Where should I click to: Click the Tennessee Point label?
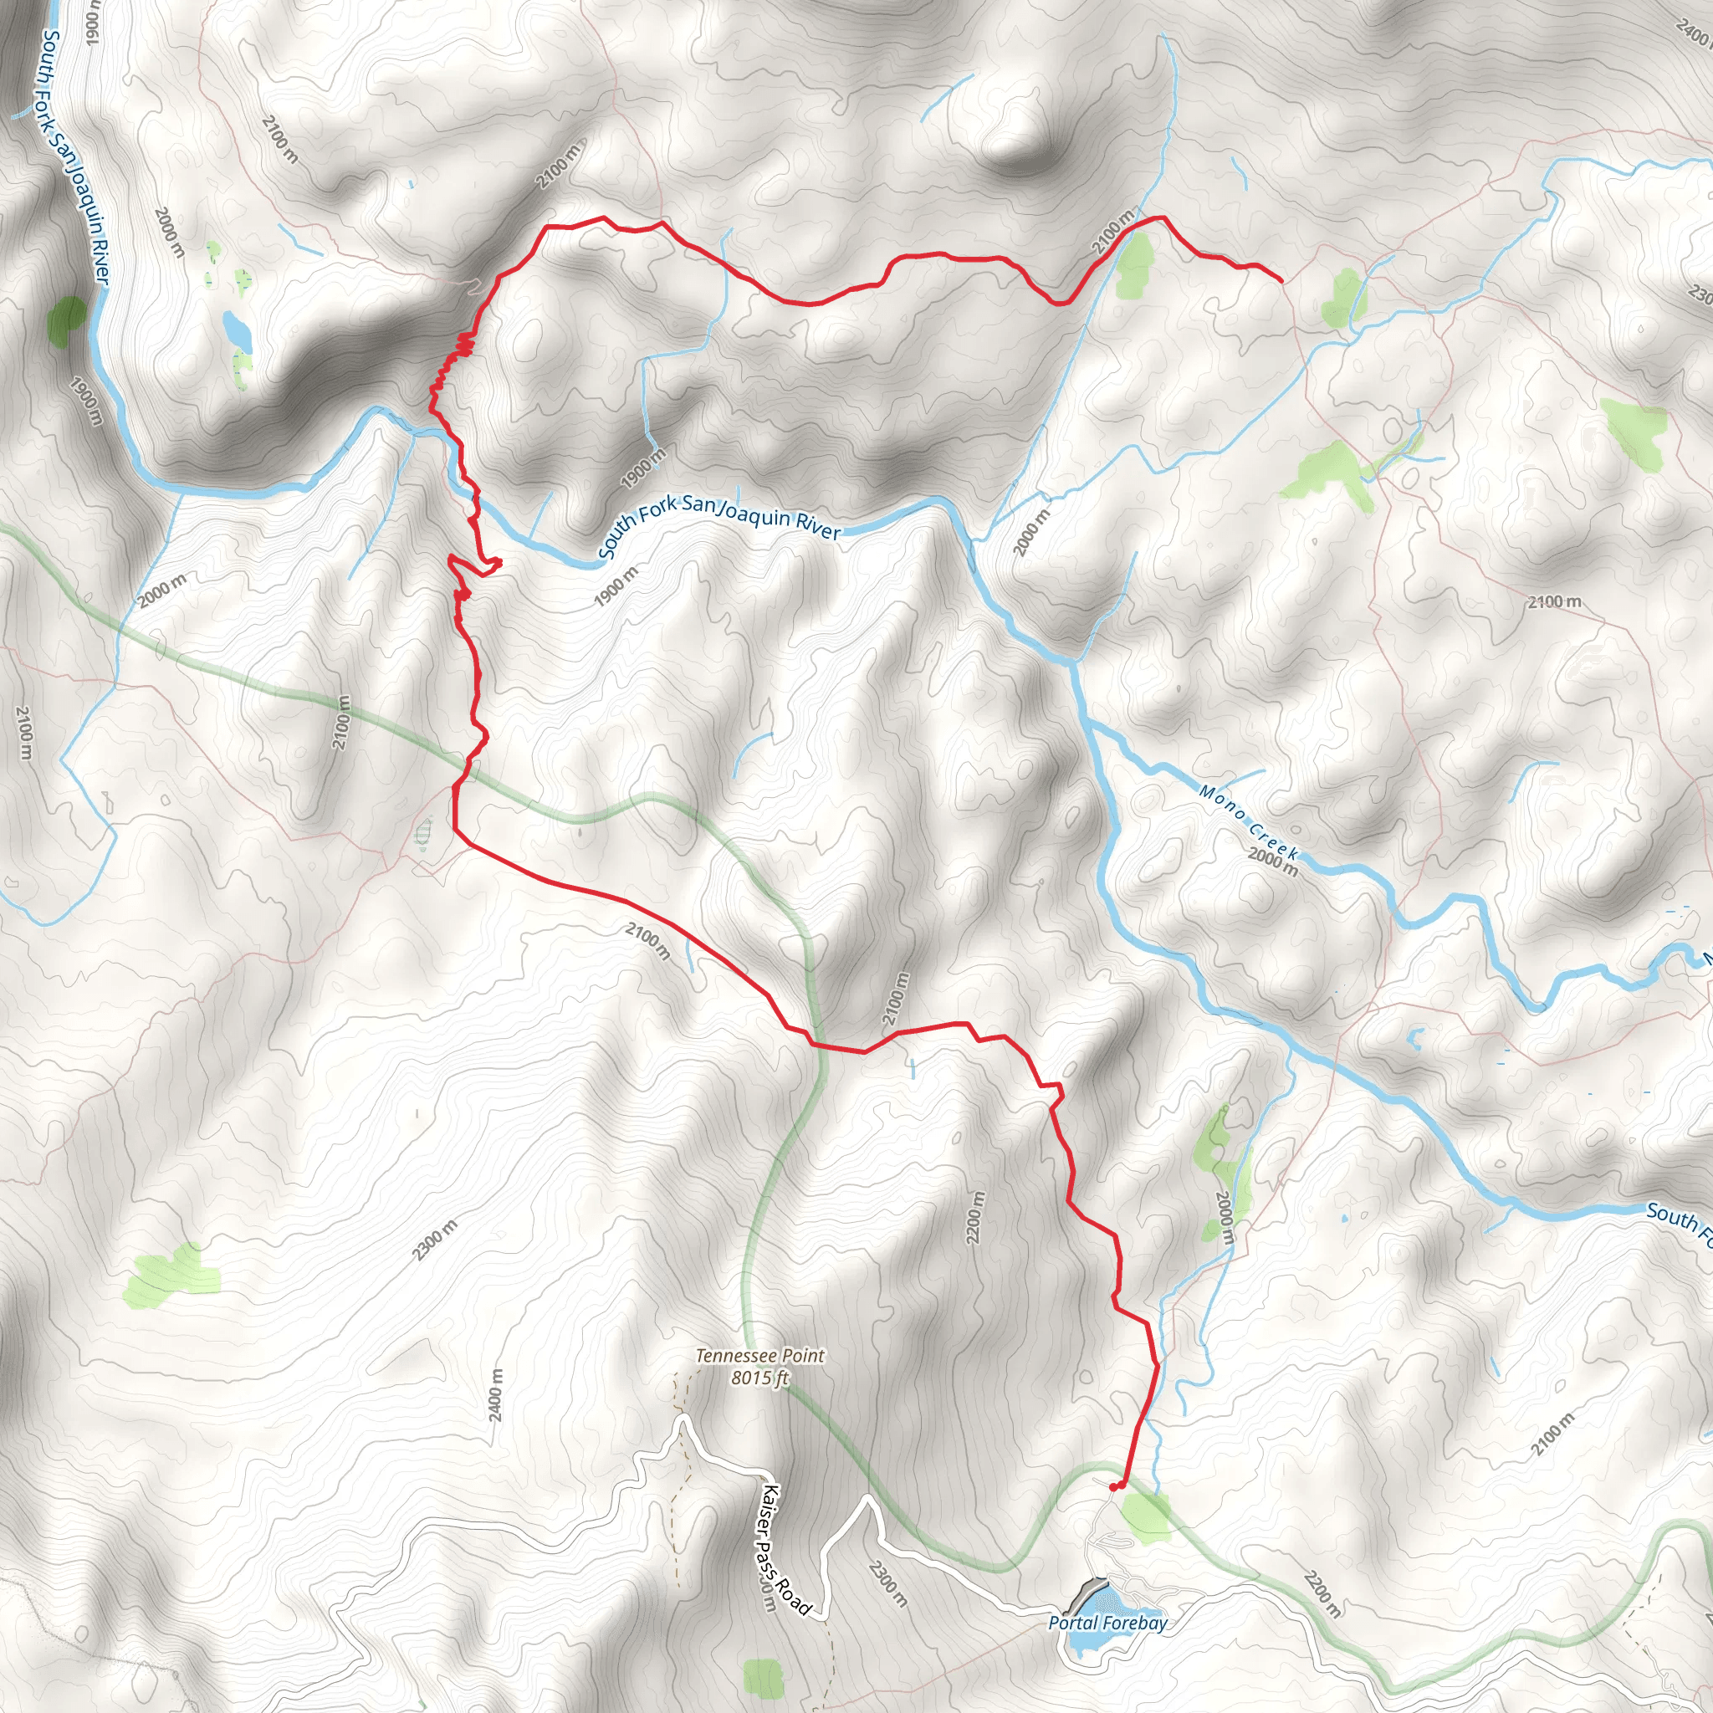(759, 1356)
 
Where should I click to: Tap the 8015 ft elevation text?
(759, 1378)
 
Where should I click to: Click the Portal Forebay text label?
(1107, 1598)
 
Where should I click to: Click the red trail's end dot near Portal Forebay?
(1113, 1487)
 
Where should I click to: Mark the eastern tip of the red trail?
(1281, 281)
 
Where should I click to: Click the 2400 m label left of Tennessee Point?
(496, 1394)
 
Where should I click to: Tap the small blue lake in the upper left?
(237, 330)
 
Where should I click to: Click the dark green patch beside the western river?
(67, 320)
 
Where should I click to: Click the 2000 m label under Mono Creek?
(1272, 861)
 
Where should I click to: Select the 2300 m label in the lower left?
(434, 1240)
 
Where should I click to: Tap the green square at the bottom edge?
(764, 1679)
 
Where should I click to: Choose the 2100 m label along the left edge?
(24, 733)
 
